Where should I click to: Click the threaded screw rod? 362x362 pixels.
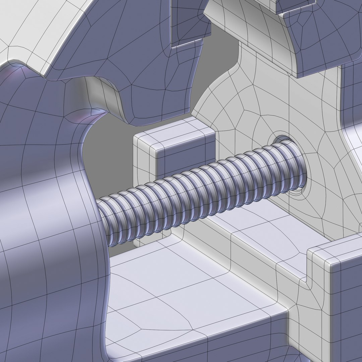(201, 191)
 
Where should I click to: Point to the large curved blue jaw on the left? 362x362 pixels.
(44, 201)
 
